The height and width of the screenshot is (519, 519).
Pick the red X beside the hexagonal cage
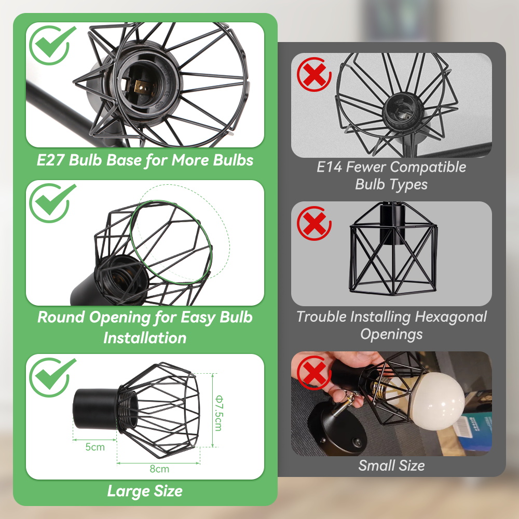point(314,224)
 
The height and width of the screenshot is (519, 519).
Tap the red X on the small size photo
point(314,373)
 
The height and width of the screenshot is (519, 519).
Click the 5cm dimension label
point(95,447)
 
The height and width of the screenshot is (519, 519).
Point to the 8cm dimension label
point(159,469)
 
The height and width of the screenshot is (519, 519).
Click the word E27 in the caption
point(52,160)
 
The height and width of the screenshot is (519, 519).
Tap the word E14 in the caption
point(330,167)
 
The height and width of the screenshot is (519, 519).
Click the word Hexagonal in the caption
point(446,317)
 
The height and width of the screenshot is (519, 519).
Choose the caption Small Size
point(391,466)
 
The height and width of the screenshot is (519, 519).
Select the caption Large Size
point(145,490)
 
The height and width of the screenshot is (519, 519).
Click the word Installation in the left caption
point(145,338)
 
